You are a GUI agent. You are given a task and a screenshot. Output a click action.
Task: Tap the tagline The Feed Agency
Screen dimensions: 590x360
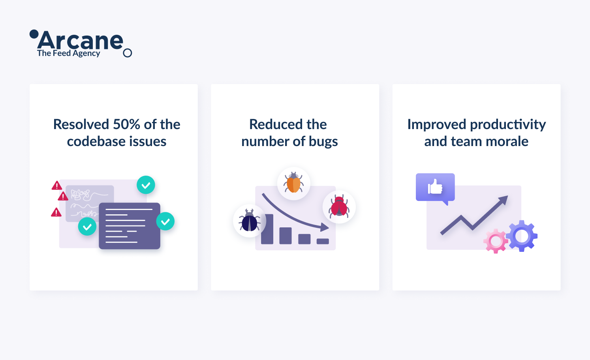point(68,53)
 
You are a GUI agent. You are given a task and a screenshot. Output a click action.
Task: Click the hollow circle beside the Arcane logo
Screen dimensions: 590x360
point(128,53)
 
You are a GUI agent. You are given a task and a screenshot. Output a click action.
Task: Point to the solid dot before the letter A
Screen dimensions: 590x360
point(34,34)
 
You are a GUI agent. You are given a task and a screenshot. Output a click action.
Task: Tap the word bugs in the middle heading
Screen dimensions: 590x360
point(323,142)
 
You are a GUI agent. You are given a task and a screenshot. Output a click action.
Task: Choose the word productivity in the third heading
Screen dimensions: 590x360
point(508,125)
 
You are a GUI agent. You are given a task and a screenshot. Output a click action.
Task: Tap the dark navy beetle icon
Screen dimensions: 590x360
point(250,220)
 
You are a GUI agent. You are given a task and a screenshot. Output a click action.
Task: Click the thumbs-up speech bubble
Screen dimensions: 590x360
point(435,187)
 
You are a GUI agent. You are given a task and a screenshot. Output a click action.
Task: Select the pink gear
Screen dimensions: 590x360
point(496,241)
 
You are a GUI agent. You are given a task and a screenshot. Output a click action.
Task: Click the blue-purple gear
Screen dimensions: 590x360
point(522,236)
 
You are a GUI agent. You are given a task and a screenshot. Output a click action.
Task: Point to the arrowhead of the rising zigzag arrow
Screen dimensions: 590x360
point(504,200)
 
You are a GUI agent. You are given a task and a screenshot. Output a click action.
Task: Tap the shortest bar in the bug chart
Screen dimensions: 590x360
point(323,241)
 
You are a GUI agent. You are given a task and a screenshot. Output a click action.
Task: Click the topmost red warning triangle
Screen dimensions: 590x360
point(56,186)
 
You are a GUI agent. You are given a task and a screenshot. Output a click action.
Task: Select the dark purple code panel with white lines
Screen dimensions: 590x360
point(129,226)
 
